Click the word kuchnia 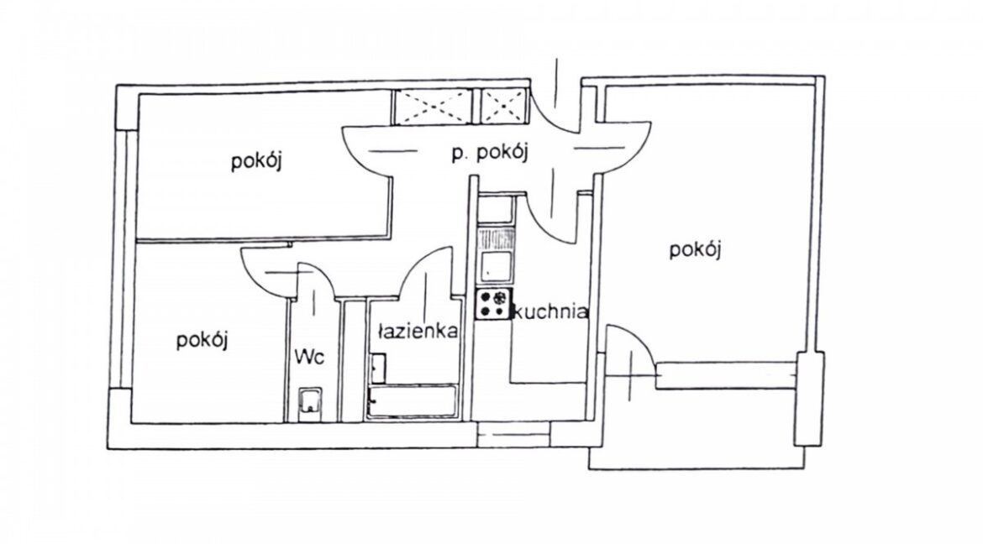click(550, 311)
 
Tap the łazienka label click(418, 331)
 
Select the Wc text click(310, 358)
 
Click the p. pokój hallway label click(490, 152)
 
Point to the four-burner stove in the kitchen click(493, 304)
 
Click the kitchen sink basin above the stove click(495, 266)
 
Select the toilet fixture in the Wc click(310, 404)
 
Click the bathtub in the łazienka click(413, 401)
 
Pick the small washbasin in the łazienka click(378, 369)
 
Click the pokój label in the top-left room click(256, 161)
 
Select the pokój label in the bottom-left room click(202, 340)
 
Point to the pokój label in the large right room click(696, 250)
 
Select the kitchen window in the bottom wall click(513, 435)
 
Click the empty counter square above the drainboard click(495, 211)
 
